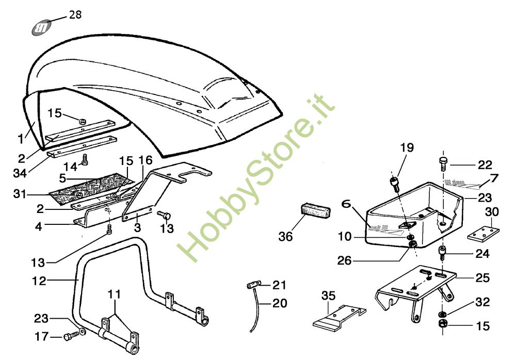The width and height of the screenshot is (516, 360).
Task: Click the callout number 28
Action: click(75, 14)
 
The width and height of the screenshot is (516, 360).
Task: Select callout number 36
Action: click(285, 236)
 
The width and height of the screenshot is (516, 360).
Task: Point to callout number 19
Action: click(407, 149)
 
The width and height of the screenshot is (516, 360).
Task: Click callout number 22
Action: click(485, 165)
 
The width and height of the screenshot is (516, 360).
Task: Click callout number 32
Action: click(483, 301)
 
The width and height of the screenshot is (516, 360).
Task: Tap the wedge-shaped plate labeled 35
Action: click(338, 317)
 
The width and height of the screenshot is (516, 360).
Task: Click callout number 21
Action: click(279, 285)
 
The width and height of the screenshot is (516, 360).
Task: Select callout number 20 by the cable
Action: click(279, 303)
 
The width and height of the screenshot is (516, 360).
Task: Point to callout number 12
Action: click(39, 281)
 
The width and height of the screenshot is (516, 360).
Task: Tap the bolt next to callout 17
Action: click(70, 336)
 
